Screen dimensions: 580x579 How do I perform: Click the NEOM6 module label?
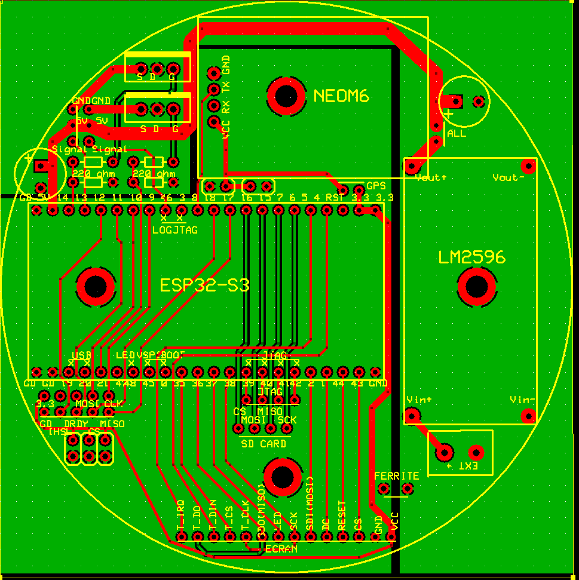click(x=342, y=96)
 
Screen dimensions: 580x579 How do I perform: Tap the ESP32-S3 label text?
click(x=204, y=285)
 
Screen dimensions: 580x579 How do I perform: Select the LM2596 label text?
click(x=471, y=257)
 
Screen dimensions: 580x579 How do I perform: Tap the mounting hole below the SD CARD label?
click(x=282, y=477)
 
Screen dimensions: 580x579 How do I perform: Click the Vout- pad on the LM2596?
click(x=527, y=165)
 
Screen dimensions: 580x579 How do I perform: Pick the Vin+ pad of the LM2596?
click(x=411, y=415)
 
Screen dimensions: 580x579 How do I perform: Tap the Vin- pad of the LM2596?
click(x=527, y=415)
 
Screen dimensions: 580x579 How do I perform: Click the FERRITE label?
click(x=397, y=476)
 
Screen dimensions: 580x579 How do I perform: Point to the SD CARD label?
click(x=264, y=444)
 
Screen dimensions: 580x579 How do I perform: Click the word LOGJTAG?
click(x=174, y=229)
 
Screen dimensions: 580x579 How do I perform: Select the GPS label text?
click(x=376, y=186)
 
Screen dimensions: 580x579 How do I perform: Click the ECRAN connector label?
click(x=281, y=549)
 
